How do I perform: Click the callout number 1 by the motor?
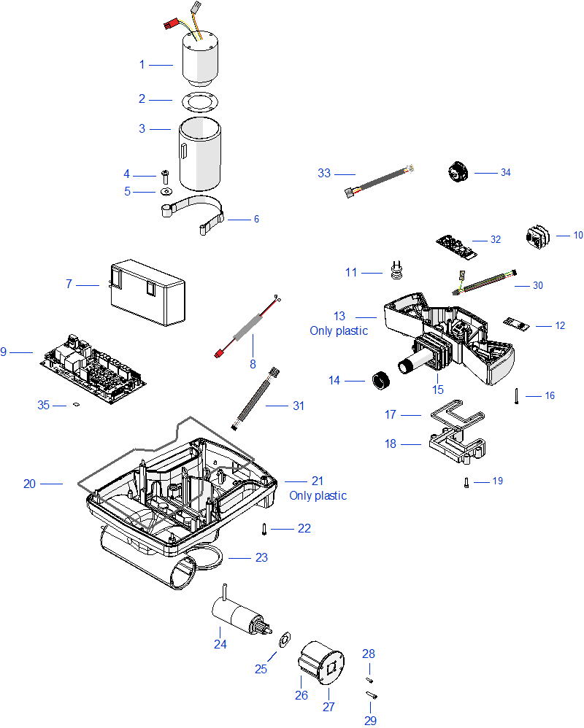[142, 64]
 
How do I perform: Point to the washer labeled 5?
[165, 192]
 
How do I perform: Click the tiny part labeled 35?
[77, 406]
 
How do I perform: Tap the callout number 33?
[324, 173]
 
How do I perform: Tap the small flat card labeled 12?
[515, 323]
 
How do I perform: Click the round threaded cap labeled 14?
[378, 380]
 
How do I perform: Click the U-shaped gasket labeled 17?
[454, 414]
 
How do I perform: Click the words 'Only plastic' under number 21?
[318, 496]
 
